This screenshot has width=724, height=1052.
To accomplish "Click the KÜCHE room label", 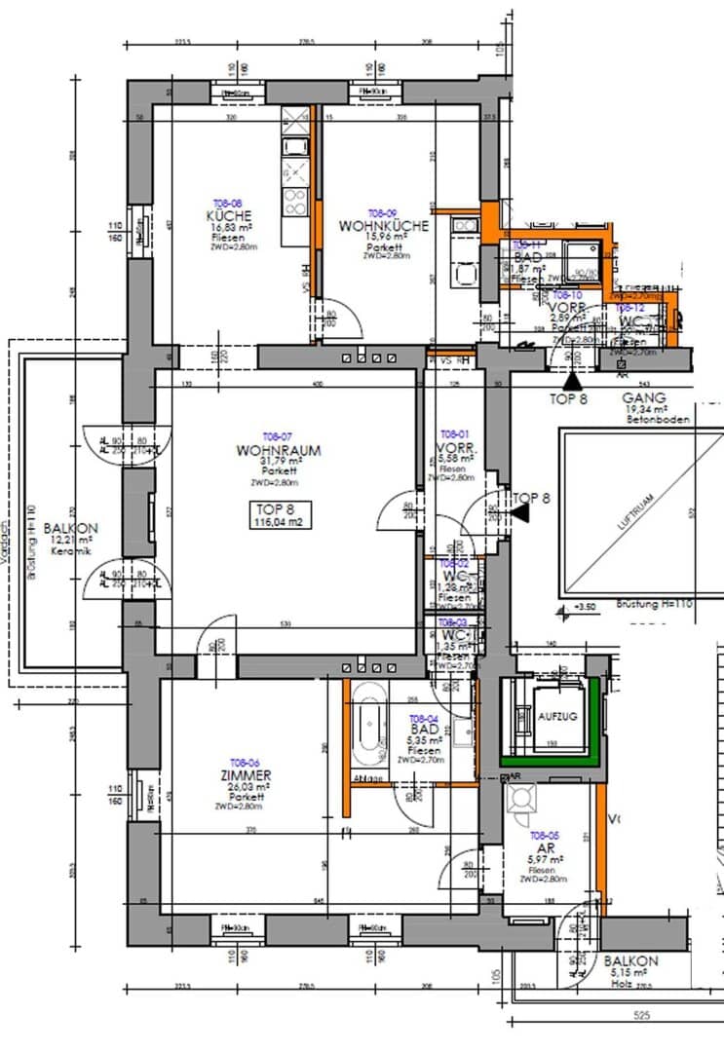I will [x=229, y=215].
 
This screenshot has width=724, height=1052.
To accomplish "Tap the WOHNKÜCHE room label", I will [x=383, y=225].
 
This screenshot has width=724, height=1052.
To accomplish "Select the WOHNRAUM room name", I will [x=278, y=451].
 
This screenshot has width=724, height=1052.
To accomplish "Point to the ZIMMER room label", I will [x=244, y=774].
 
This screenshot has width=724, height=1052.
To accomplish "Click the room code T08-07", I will [x=278, y=435].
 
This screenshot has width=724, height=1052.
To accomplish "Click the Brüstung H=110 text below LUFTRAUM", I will [x=654, y=604].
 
